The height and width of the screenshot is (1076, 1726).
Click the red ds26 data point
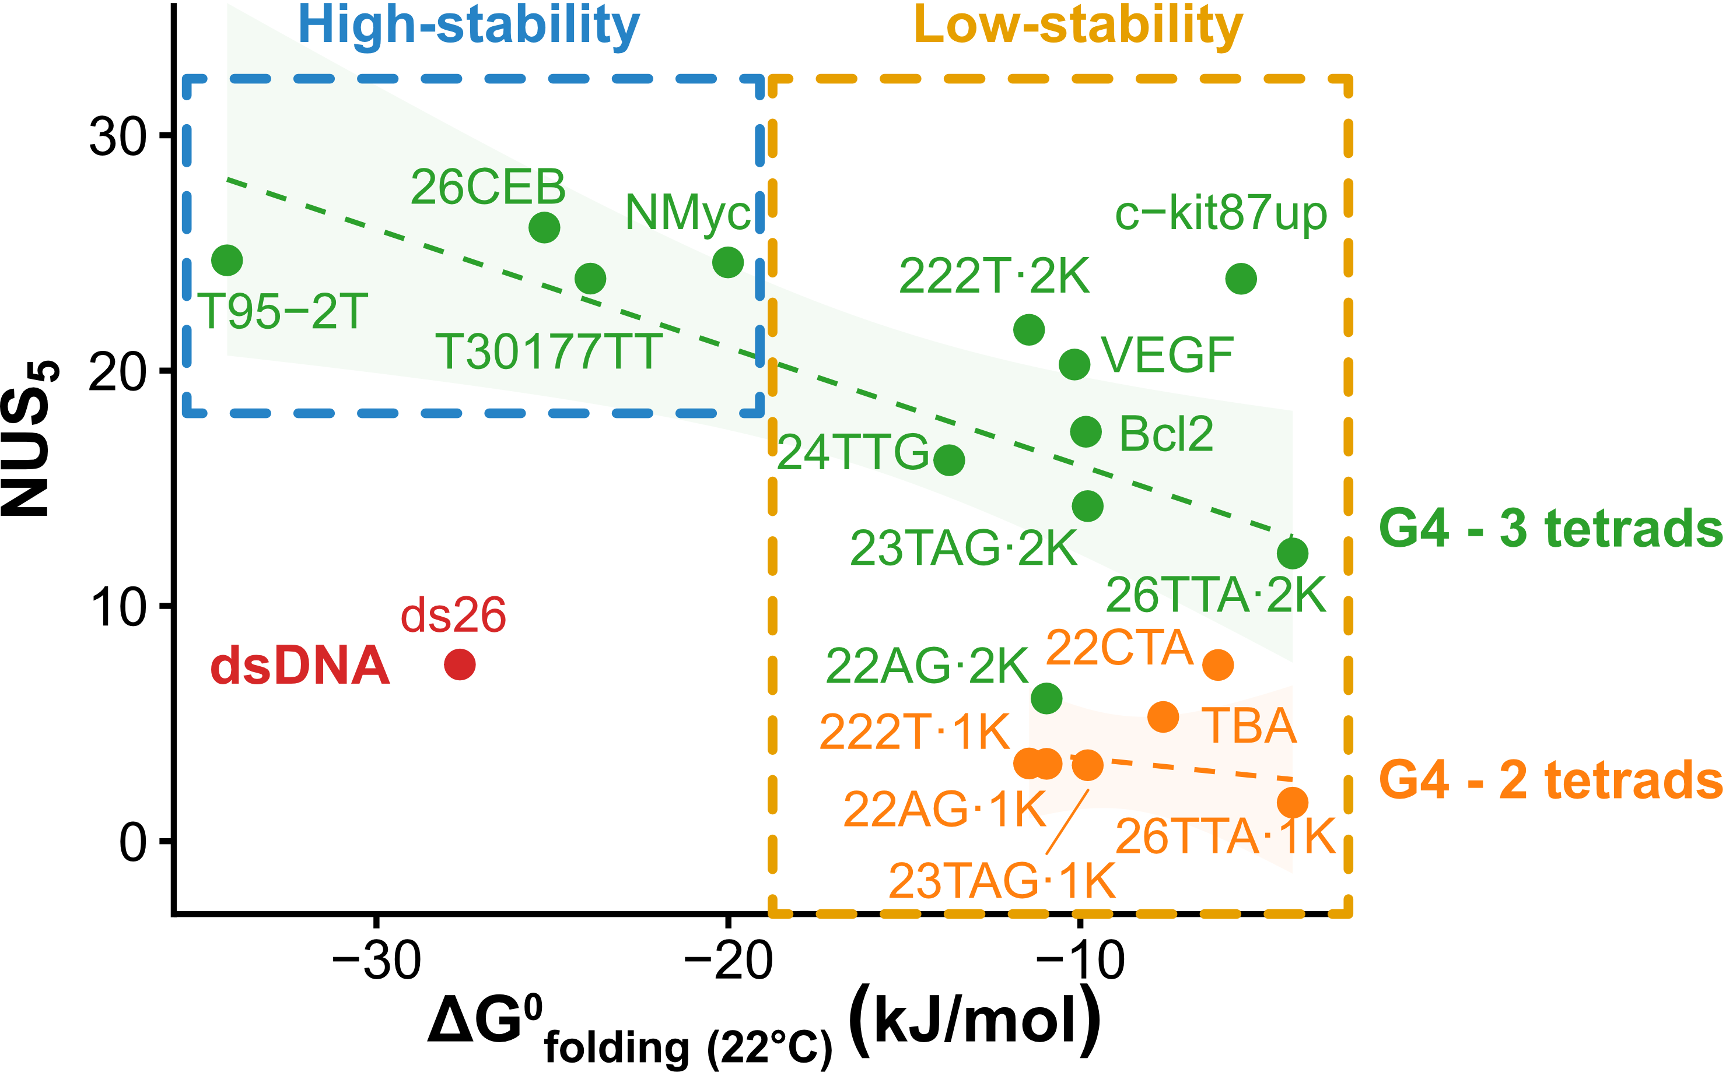(x=459, y=664)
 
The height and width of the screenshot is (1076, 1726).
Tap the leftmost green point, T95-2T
(x=227, y=261)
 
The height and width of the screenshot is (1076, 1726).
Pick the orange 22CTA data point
(x=1217, y=664)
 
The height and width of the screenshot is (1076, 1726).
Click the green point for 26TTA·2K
(x=1293, y=553)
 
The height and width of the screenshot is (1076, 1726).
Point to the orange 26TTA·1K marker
(x=1293, y=803)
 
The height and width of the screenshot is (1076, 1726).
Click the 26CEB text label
(x=488, y=188)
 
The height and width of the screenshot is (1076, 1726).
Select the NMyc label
(x=688, y=212)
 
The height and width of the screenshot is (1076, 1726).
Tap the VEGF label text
(x=1167, y=355)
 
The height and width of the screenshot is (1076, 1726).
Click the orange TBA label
(x=1249, y=726)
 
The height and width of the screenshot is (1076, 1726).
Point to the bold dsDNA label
(x=300, y=667)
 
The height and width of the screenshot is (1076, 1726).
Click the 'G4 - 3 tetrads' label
(x=1551, y=529)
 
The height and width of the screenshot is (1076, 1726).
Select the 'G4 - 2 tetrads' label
(x=1551, y=780)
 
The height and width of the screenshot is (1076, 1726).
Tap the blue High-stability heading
(x=468, y=26)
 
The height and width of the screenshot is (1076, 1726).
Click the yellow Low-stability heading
(x=1078, y=26)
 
